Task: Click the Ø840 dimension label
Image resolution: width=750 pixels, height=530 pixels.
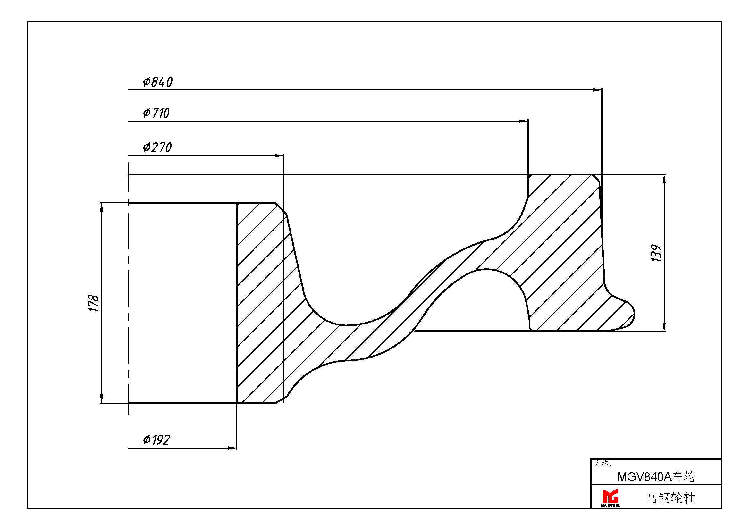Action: [158, 82]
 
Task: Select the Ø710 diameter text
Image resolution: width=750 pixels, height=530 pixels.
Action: [156, 113]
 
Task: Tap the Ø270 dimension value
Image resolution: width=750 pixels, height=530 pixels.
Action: [157, 147]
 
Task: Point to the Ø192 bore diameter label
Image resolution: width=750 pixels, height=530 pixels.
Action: [156, 440]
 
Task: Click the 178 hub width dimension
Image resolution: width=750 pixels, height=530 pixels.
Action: [94, 303]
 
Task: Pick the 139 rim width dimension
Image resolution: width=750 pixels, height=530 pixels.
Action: [656, 253]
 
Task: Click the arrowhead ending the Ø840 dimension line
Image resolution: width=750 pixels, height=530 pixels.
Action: [597, 90]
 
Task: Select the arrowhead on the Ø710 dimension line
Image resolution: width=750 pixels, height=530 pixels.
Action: [524, 121]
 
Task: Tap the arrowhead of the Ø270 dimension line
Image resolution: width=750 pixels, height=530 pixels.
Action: [280, 156]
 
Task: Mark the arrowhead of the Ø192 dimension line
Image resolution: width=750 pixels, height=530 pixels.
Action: [232, 448]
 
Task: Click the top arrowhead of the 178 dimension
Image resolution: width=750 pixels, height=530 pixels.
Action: [102, 207]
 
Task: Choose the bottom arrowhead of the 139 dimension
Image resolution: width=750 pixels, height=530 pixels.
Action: [664, 326]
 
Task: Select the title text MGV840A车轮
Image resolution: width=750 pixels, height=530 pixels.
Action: [656, 477]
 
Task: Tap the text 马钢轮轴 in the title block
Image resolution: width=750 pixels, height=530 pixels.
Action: [670, 498]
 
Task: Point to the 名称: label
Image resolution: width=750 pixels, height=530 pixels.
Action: [603, 463]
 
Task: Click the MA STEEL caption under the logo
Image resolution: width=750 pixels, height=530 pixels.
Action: [610, 506]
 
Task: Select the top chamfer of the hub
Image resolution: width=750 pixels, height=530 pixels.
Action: [281, 209]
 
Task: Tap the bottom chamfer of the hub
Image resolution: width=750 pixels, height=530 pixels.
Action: [281, 400]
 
